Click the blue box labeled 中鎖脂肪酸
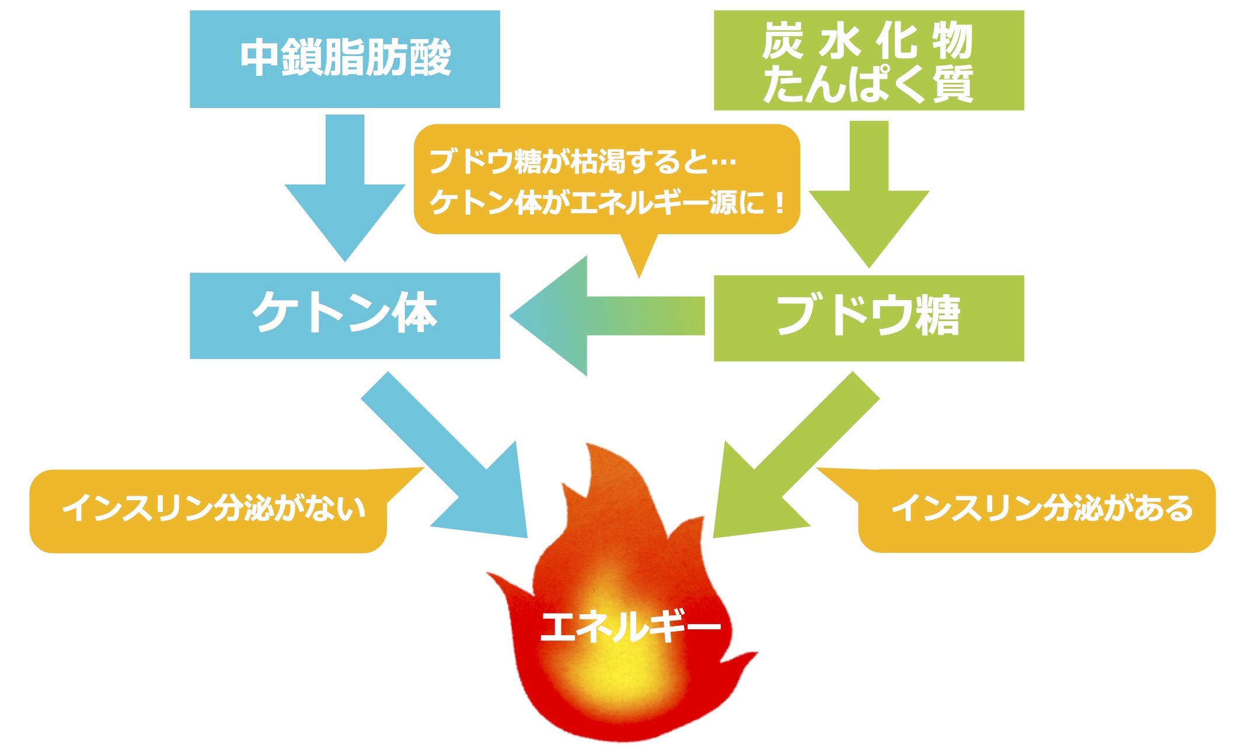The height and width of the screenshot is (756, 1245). click(344, 59)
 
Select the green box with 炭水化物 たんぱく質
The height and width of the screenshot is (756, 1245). click(869, 60)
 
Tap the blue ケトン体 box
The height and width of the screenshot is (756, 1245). click(344, 315)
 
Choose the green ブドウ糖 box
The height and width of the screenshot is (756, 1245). click(869, 318)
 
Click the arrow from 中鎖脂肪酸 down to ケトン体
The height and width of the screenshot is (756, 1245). click(344, 188)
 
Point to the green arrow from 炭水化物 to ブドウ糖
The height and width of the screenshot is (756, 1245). click(869, 194)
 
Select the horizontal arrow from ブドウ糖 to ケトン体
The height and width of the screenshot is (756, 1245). click(607, 316)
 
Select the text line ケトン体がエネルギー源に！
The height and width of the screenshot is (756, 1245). click(607, 203)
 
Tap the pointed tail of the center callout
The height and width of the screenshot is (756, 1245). click(639, 277)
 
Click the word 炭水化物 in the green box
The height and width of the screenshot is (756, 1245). click(867, 41)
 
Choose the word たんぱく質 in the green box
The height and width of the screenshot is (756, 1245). click(867, 84)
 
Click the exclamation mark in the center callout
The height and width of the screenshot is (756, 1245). click(779, 203)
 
